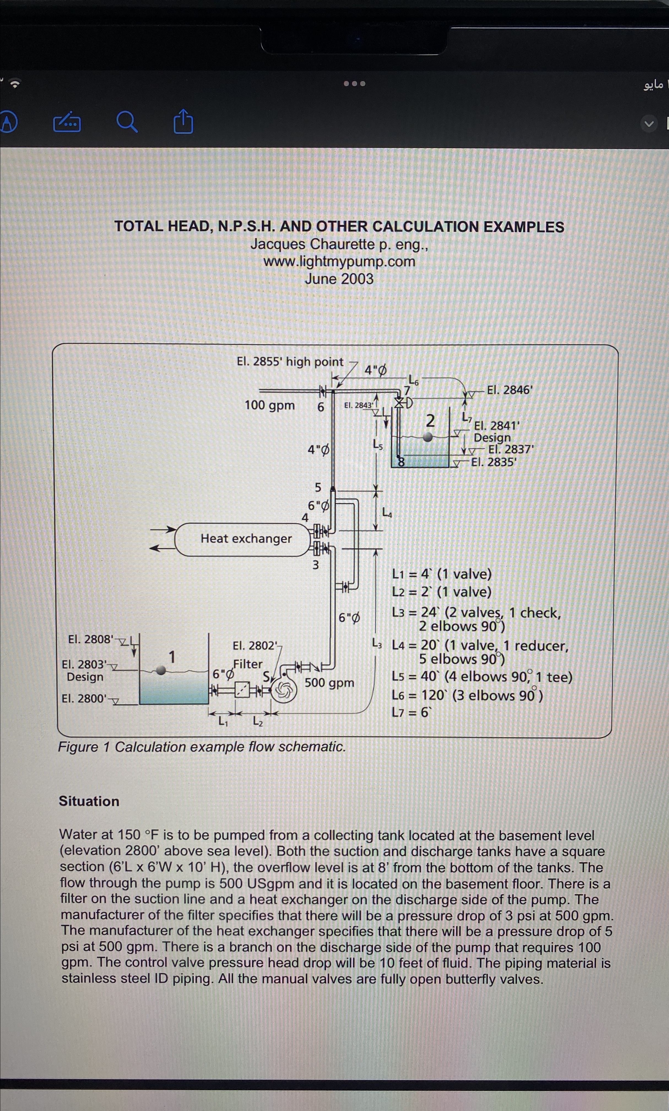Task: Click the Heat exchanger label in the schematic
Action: (246, 538)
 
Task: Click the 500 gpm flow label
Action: (329, 682)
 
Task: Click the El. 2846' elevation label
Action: (510, 390)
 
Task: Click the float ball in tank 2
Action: (428, 436)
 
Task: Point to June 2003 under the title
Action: (339, 279)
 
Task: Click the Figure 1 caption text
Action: (202, 747)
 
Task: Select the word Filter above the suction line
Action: (248, 664)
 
